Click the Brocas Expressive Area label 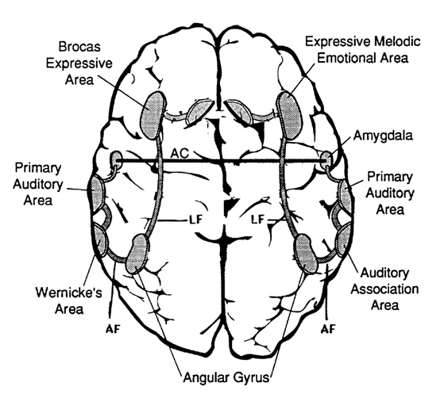[x=79, y=63]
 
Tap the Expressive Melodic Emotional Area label [x=363, y=50]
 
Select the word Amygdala [x=383, y=136]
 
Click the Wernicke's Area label [x=69, y=300]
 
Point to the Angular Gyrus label [x=226, y=377]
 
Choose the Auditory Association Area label [x=384, y=289]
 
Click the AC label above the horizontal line [x=180, y=153]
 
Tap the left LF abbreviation [x=195, y=219]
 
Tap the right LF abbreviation [x=257, y=219]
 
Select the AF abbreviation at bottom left [x=113, y=329]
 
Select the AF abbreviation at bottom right [x=328, y=328]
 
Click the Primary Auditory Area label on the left [x=37, y=184]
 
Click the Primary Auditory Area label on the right [x=390, y=193]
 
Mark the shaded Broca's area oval [x=153, y=116]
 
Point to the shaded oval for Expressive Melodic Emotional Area [x=289, y=116]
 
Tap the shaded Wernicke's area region [x=99, y=241]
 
